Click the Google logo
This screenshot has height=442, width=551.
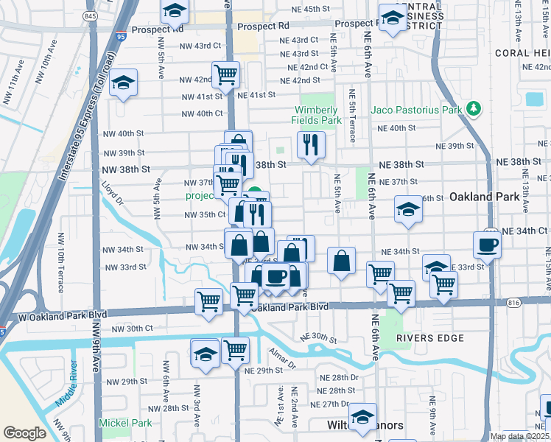tap(25, 433)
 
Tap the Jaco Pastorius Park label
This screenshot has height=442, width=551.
tap(416, 110)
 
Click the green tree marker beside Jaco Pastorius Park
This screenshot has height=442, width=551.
tap(474, 110)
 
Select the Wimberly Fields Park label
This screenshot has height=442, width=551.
tap(320, 115)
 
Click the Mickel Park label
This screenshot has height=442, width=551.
tap(125, 424)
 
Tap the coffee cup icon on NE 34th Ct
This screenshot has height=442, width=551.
tap(488, 245)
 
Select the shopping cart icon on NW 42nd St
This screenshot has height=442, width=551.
tap(225, 74)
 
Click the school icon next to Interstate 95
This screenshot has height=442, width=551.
tap(124, 83)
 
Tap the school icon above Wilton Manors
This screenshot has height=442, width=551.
tap(362, 417)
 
